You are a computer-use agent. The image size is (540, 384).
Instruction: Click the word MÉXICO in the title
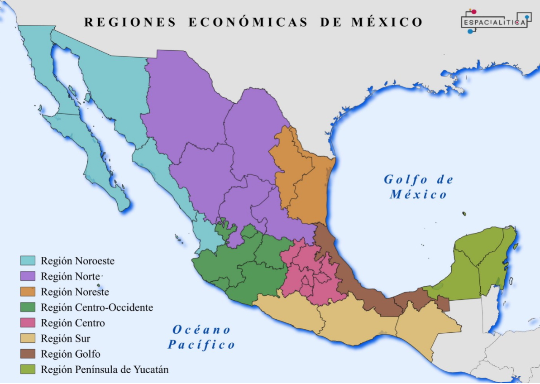click(x=387, y=22)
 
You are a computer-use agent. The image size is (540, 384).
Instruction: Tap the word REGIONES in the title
click(x=130, y=22)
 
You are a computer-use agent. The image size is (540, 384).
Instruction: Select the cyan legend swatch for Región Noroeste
click(x=28, y=260)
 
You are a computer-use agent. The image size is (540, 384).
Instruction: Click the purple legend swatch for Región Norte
click(x=28, y=276)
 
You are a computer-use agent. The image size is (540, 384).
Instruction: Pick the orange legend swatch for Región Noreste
click(x=28, y=292)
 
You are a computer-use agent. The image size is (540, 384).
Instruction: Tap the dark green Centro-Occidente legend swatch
click(x=28, y=307)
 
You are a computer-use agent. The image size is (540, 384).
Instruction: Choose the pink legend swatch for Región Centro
click(x=28, y=322)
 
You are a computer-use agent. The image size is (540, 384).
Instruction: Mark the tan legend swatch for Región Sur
click(x=28, y=338)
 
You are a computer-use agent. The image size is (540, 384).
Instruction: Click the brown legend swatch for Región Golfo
click(x=28, y=354)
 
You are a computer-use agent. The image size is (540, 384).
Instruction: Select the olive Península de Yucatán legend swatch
click(x=28, y=369)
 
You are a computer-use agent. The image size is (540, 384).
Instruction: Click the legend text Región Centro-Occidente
click(x=97, y=307)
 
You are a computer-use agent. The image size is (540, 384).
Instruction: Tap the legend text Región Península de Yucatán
click(x=105, y=370)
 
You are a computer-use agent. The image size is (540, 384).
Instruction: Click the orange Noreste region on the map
click(x=306, y=181)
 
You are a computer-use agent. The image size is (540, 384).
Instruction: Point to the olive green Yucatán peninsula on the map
click(x=480, y=267)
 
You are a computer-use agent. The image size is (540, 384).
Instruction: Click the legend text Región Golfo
click(x=71, y=354)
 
